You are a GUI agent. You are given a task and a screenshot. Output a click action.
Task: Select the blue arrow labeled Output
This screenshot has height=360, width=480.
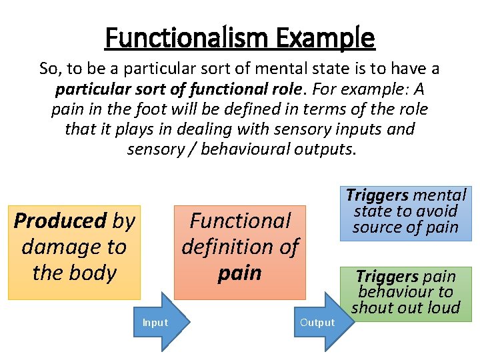tap(318, 323)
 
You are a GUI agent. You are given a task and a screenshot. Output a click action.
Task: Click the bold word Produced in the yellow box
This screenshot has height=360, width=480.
tap(61, 221)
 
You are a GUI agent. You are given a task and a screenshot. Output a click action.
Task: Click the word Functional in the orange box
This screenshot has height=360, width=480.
tap(241, 221)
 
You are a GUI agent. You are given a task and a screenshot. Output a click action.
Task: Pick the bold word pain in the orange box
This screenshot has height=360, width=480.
tap(240, 273)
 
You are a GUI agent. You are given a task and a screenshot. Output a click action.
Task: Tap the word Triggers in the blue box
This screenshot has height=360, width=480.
tap(377, 195)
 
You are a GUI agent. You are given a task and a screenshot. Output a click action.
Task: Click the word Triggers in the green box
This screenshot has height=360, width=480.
tap(387, 276)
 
